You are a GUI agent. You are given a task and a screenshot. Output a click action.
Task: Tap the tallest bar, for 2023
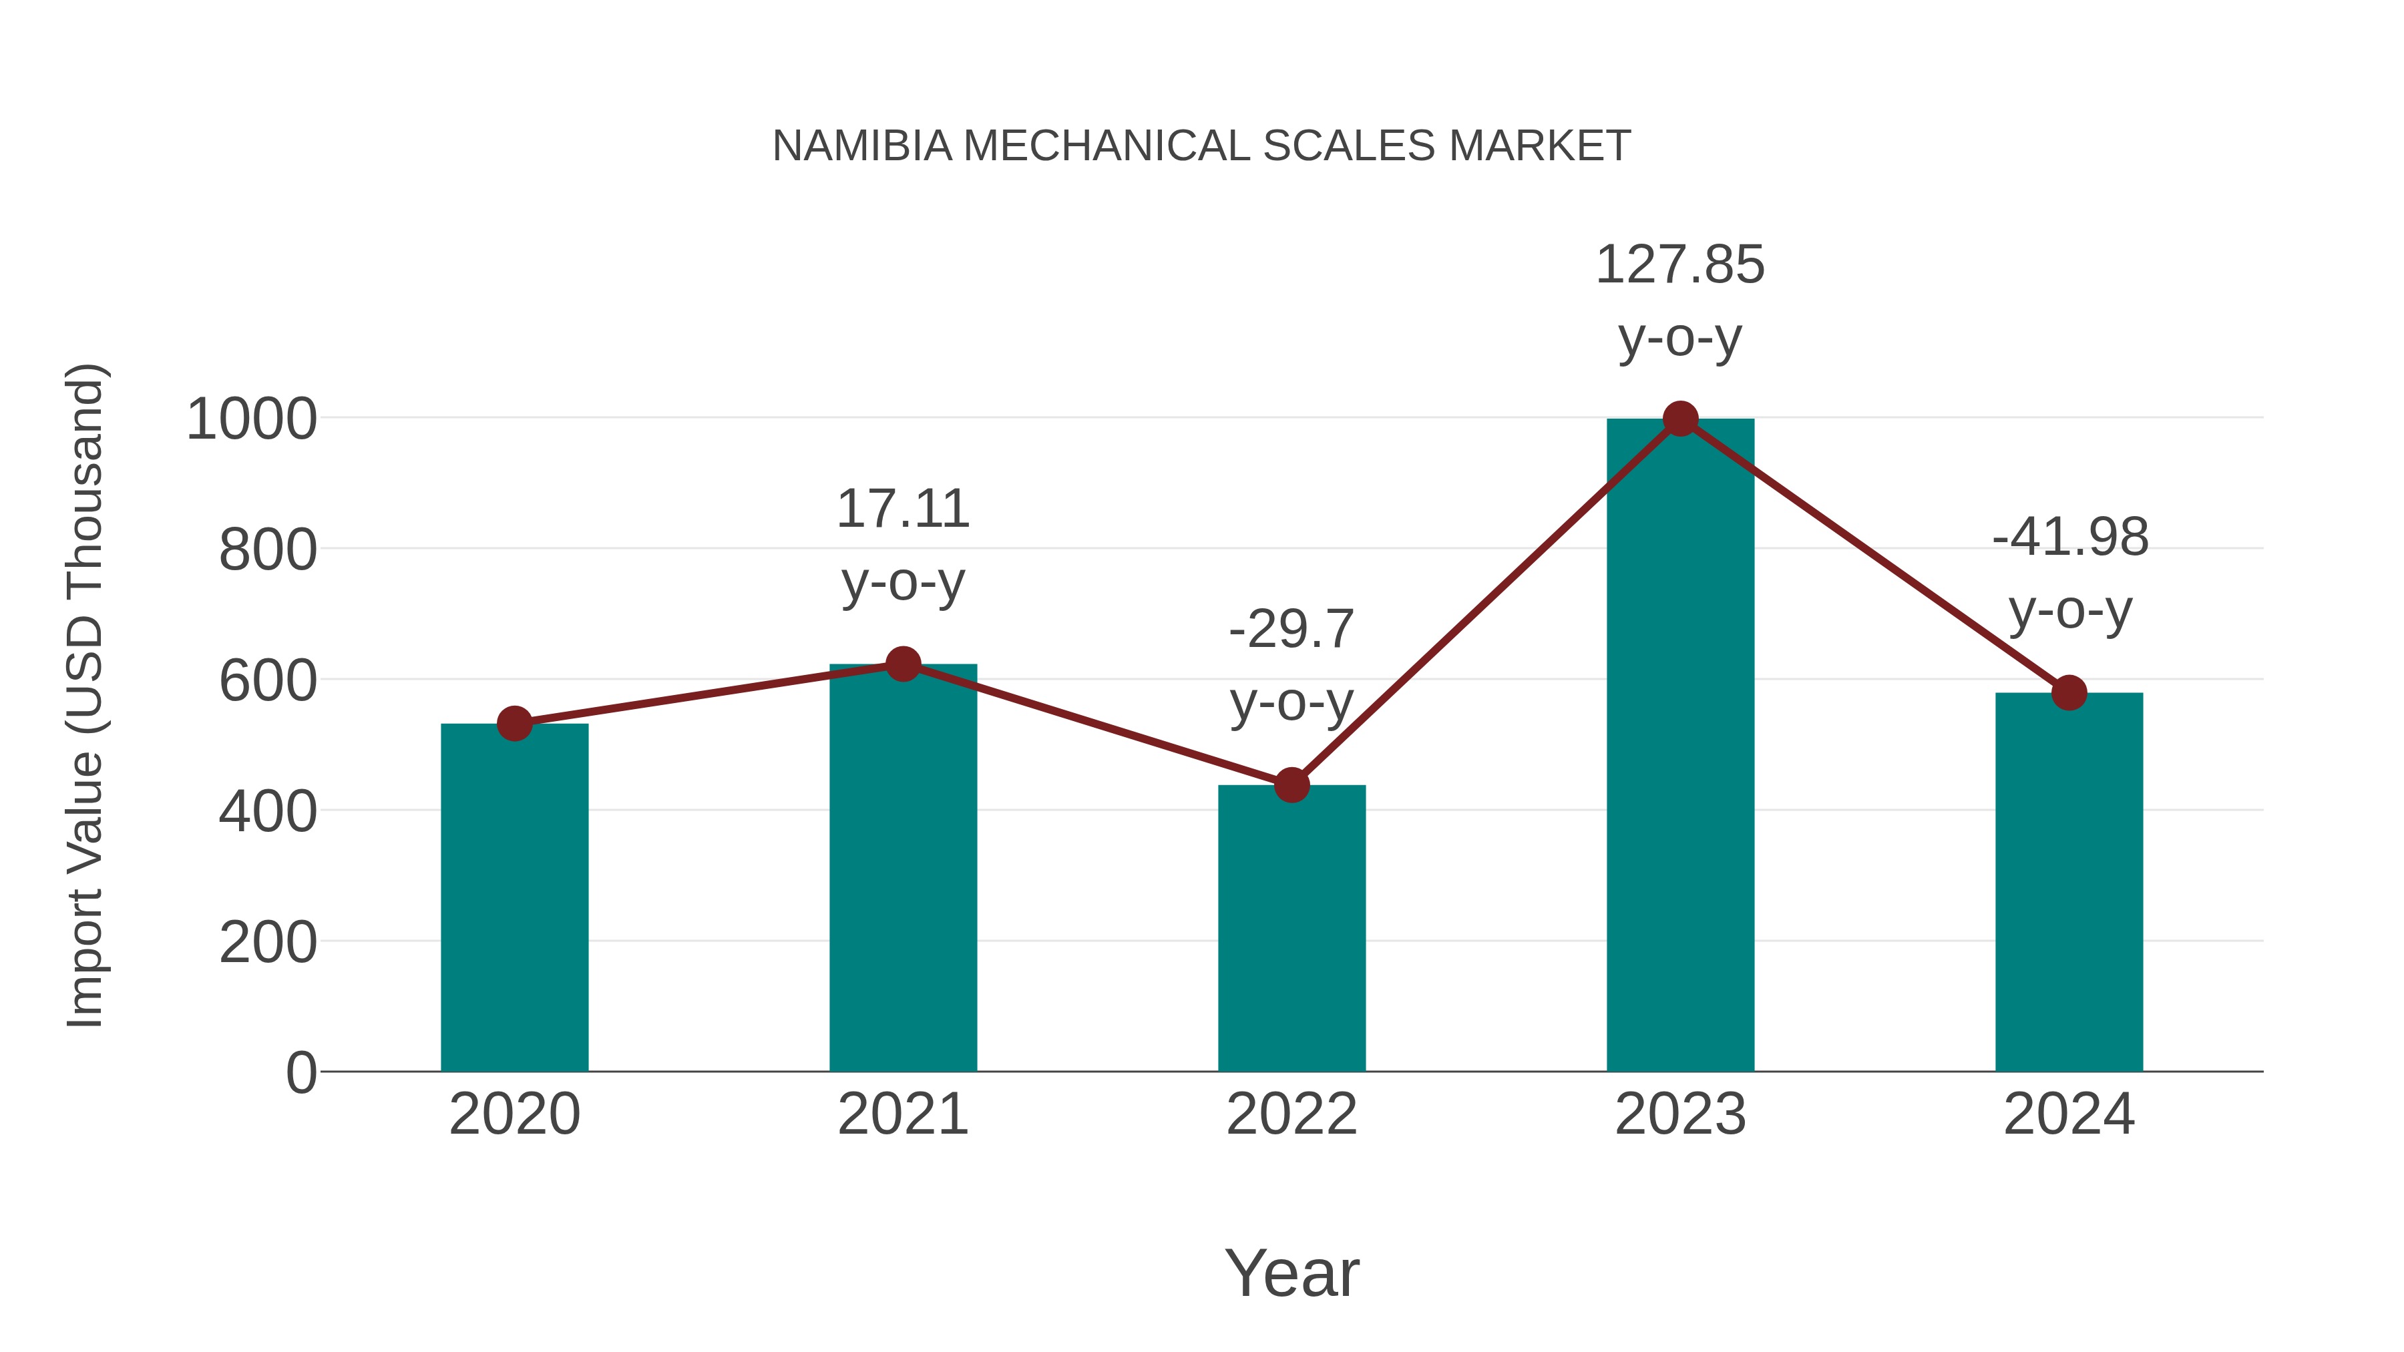point(1680,746)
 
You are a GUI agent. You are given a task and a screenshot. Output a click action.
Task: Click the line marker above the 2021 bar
point(902,664)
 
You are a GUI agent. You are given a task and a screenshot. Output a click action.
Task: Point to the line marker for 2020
point(514,723)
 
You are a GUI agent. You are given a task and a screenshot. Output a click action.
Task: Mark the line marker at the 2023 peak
point(1680,419)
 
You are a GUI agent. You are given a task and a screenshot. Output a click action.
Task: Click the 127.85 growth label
point(1680,265)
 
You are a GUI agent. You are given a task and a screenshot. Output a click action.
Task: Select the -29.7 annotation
point(1291,630)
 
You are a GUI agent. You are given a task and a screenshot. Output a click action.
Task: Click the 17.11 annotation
point(902,509)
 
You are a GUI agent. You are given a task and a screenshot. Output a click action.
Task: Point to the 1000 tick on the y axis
point(252,420)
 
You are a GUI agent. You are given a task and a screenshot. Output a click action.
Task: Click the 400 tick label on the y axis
point(268,812)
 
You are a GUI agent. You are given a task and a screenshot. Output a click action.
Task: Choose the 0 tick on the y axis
point(300,1073)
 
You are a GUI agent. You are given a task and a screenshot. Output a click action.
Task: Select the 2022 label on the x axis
point(1291,1114)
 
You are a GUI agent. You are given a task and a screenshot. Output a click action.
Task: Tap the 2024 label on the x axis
point(2069,1114)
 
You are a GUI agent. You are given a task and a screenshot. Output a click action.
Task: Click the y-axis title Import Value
point(86,695)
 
